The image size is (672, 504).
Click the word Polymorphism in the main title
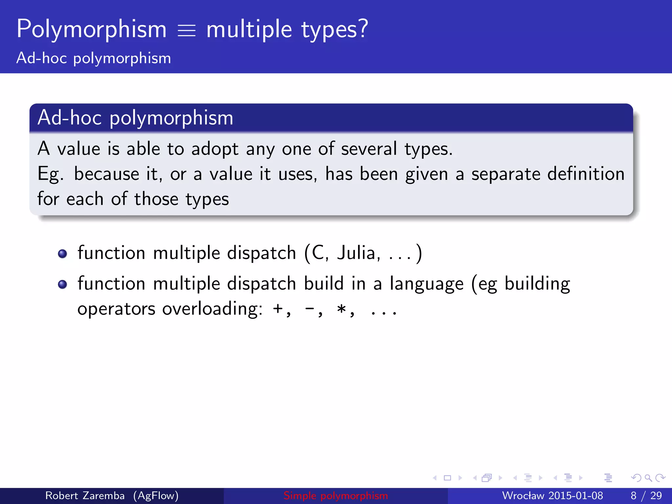pyautogui.click(x=92, y=30)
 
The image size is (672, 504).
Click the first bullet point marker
pyautogui.click(x=62, y=254)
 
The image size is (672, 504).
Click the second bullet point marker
pyautogui.click(x=62, y=284)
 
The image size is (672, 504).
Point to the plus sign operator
pyautogui.click(x=278, y=309)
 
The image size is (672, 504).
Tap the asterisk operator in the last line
pyautogui.click(x=342, y=309)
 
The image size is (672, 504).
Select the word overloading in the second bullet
pyautogui.click(x=212, y=309)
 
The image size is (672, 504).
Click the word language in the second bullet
pyautogui.click(x=427, y=284)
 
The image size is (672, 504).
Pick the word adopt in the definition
pyautogui.click(x=215, y=149)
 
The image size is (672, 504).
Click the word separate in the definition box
pyautogui.click(x=506, y=174)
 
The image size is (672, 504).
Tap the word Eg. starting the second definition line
pyautogui.click(x=50, y=174)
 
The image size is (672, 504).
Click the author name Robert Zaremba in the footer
pyautogui.click(x=85, y=495)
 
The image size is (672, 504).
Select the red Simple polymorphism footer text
pyautogui.click(x=336, y=495)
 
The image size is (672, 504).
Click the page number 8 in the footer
pyautogui.click(x=634, y=495)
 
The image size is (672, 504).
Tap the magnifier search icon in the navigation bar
pyautogui.click(x=648, y=478)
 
